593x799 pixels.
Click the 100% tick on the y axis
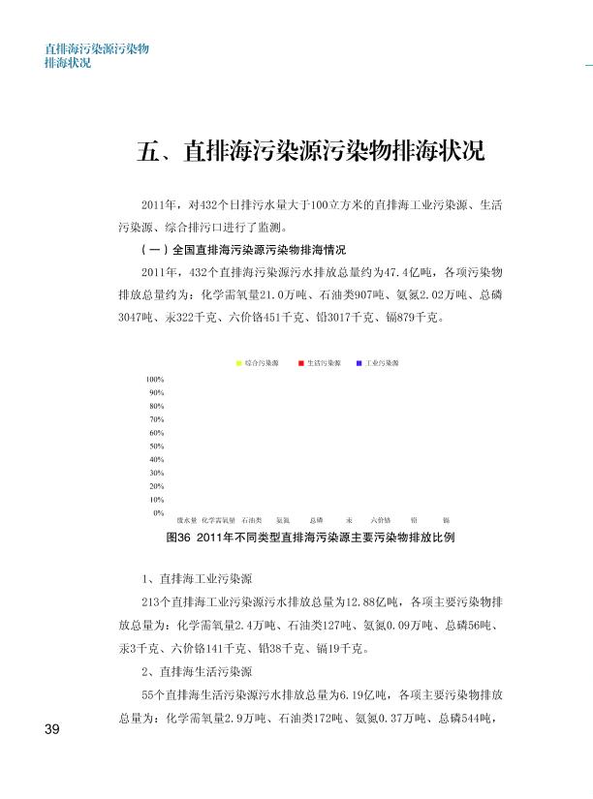(155, 379)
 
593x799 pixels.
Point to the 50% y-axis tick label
(156, 446)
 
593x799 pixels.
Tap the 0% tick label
(158, 511)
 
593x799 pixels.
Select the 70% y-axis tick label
(156, 418)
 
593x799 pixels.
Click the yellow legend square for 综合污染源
(239, 363)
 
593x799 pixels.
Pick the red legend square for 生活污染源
(302, 363)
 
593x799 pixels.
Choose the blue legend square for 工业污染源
(359, 363)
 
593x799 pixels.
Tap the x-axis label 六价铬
(381, 521)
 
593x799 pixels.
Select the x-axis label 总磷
(316, 521)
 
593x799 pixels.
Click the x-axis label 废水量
(186, 521)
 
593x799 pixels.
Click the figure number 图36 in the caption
(178, 537)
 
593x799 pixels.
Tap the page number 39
(52, 729)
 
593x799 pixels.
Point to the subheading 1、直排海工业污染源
(197, 580)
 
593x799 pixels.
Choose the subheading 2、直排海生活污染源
(197, 672)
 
